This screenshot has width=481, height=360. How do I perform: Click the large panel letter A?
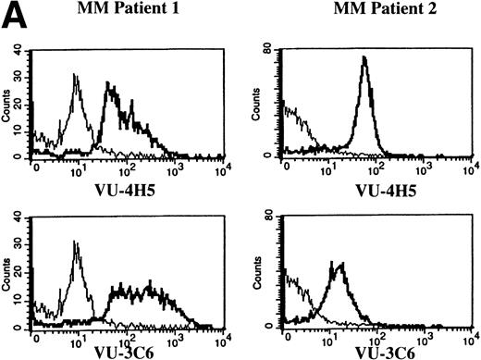click(16, 19)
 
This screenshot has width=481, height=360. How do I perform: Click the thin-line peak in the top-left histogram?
click(78, 77)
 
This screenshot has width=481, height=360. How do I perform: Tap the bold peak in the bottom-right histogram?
click(341, 265)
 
